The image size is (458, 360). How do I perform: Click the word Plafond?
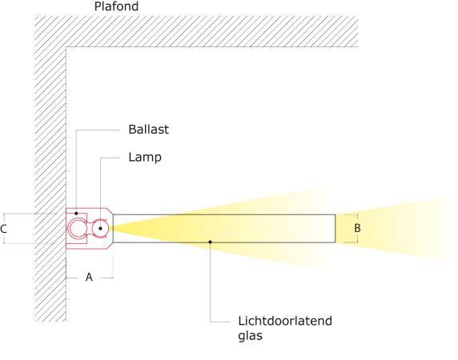coord(116,6)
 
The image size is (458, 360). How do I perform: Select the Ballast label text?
coord(148,130)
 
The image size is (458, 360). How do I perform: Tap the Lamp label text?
coord(145,158)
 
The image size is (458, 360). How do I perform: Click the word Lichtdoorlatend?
coord(285,321)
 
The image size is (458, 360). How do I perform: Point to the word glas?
coord(250,336)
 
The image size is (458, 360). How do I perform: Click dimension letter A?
coord(89,277)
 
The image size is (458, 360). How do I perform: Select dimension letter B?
coord(357,228)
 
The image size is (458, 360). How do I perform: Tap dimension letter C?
coord(3,229)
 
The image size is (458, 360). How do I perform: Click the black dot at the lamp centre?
coord(100,229)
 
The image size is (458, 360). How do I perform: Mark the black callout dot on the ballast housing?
coord(76,214)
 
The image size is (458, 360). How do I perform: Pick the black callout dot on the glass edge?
coord(210,242)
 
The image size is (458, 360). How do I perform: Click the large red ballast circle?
coord(78,220)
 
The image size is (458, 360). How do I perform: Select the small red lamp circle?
coord(100,221)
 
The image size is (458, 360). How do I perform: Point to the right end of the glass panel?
coord(335,229)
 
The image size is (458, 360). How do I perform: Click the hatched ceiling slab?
coord(196,31)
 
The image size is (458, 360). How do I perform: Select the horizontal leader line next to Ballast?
coord(98,130)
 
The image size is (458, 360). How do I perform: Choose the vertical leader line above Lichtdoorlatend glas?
coord(211,282)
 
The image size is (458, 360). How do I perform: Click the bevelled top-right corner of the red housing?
coord(110,211)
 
